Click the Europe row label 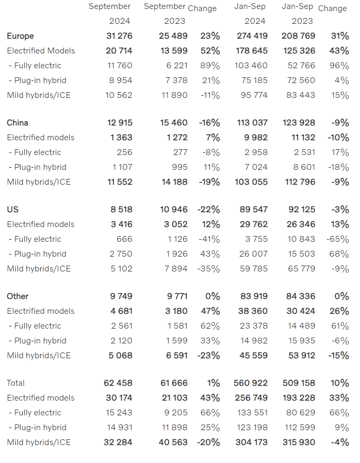point(20,36)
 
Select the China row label point(17,123)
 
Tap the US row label point(13,210)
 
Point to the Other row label point(17,296)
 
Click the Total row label point(16,383)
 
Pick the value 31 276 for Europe point(119,36)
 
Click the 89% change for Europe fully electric point(210,66)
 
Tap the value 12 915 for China point(119,123)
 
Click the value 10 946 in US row point(173,210)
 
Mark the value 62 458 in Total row point(119,383)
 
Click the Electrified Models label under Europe point(41,51)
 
